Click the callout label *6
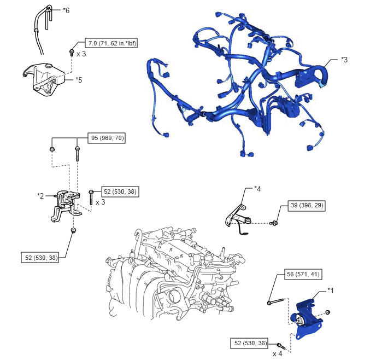tap(66, 10)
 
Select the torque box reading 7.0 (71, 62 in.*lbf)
tap(111, 43)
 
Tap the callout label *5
tap(79, 80)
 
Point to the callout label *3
tap(344, 60)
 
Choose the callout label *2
tap(40, 196)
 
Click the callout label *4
tap(257, 189)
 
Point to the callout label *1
tap(331, 291)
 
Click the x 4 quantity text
tap(278, 354)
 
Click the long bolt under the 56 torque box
tap(276, 301)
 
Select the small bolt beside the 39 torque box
tap(274, 223)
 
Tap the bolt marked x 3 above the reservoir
tap(72, 53)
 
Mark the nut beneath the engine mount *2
tap(74, 231)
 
